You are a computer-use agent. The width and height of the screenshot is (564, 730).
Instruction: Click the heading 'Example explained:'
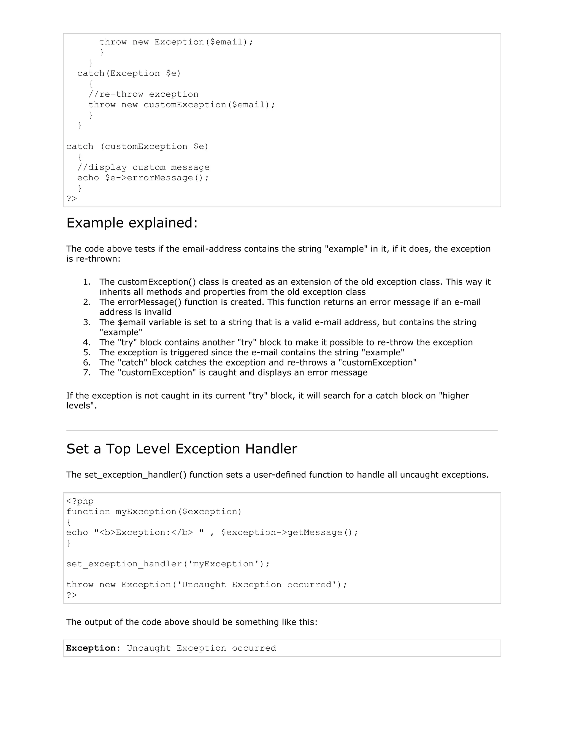(132, 223)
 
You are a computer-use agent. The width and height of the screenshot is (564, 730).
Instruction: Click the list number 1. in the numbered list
(87, 282)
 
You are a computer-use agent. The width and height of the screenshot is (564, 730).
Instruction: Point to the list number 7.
(87, 372)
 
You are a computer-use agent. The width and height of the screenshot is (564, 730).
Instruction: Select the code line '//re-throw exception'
(143, 94)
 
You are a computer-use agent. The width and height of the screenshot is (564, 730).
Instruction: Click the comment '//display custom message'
(143, 167)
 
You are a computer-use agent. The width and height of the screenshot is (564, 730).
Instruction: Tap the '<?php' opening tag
(80, 501)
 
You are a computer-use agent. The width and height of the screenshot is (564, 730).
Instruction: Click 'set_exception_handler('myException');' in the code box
(168, 564)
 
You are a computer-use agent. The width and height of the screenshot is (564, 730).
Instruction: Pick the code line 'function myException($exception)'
(154, 512)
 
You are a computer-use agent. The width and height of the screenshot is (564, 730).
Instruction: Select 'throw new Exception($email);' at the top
(176, 42)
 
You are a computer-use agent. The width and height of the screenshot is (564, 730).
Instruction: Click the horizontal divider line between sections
(282, 431)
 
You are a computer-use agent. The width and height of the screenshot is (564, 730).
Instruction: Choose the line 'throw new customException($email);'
(182, 105)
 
